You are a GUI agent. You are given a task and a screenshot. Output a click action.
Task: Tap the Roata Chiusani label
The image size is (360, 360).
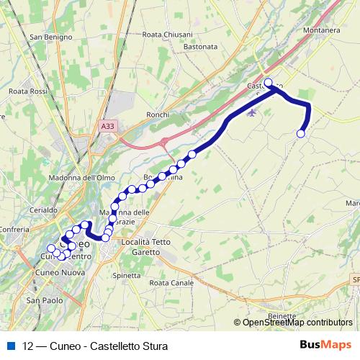click(168, 34)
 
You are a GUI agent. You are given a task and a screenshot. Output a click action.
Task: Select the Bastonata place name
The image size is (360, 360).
click(201, 46)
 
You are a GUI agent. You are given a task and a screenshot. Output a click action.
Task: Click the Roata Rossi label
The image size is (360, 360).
click(28, 91)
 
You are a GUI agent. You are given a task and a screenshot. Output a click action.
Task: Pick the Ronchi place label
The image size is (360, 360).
click(157, 114)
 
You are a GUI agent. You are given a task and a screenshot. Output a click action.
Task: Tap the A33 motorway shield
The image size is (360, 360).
click(107, 126)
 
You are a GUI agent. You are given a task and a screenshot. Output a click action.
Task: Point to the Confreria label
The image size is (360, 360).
click(14, 230)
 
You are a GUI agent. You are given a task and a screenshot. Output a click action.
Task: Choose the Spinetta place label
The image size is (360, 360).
click(127, 275)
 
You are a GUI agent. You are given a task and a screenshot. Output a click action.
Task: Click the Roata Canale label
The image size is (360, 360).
click(172, 283)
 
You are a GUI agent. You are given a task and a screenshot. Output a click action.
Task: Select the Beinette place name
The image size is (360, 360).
click(281, 315)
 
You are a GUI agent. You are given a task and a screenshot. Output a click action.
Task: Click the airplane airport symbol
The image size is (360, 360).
click(251, 112)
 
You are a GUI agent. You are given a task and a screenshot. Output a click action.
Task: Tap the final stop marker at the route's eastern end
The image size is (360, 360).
click(301, 133)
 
